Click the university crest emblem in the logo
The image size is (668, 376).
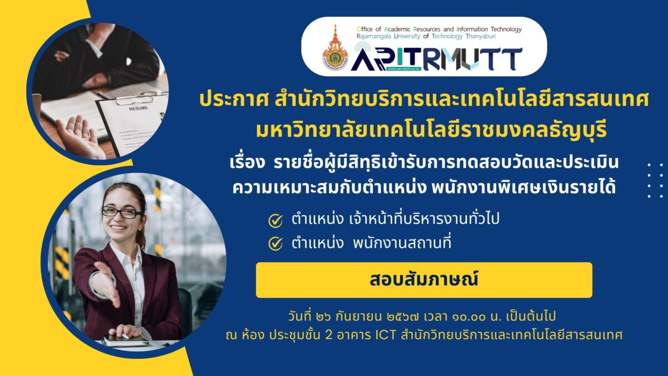click(335, 48)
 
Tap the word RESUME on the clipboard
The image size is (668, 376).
click(139, 108)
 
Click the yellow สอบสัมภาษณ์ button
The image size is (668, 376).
click(424, 280)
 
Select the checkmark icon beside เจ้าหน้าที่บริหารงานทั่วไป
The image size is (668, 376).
click(275, 221)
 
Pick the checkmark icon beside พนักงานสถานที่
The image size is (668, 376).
click(275, 243)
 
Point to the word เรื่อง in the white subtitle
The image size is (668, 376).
click(247, 163)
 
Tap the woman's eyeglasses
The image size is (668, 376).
click(122, 212)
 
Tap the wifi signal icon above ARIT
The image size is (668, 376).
click(362, 48)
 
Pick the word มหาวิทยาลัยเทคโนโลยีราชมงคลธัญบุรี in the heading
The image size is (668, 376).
click(431, 131)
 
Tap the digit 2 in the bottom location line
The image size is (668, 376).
click(328, 335)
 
